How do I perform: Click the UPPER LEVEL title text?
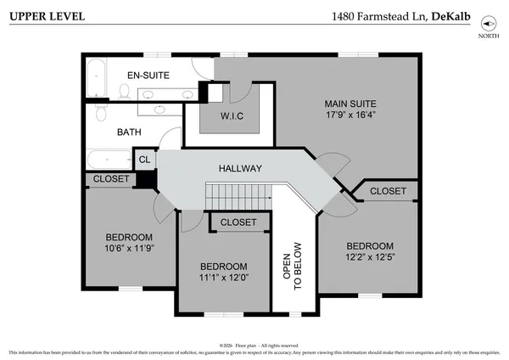pyautogui.click(x=40, y=17)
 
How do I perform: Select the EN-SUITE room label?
pyautogui.click(x=148, y=75)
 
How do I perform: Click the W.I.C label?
pyautogui.click(x=232, y=116)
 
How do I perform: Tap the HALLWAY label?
pyautogui.click(x=241, y=168)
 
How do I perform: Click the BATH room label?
pyautogui.click(x=129, y=132)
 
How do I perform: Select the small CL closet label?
pyautogui.click(x=144, y=159)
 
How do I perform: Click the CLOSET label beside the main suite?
pyautogui.click(x=388, y=191)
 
